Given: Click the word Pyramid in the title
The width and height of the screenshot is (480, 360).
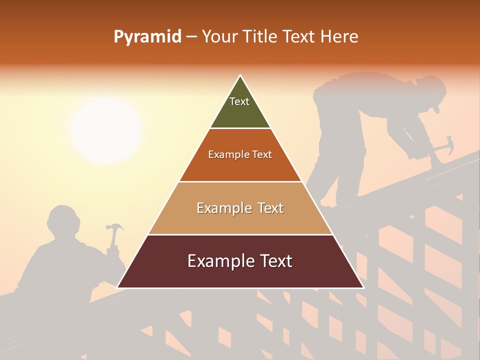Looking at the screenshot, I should click(147, 37).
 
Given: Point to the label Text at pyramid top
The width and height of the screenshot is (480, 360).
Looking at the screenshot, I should click(239, 101).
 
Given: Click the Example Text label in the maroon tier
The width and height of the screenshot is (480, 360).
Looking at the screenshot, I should click(240, 261).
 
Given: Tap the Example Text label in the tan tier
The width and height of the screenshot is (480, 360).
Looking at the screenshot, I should click(240, 208).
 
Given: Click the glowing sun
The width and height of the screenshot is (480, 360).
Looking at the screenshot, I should click(105, 131).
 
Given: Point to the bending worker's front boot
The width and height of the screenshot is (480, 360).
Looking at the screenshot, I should click(327, 203).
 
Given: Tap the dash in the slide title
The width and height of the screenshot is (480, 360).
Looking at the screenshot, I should click(191, 37).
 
